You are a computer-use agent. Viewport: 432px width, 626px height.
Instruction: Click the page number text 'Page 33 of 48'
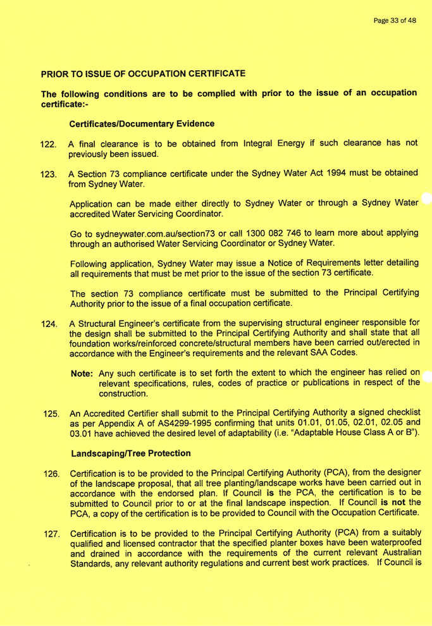(395, 21)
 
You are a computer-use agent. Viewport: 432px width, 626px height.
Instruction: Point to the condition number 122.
(49, 145)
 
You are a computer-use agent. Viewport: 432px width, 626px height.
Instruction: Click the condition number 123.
(49, 176)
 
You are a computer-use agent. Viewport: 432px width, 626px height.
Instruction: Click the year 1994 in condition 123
(298, 175)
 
